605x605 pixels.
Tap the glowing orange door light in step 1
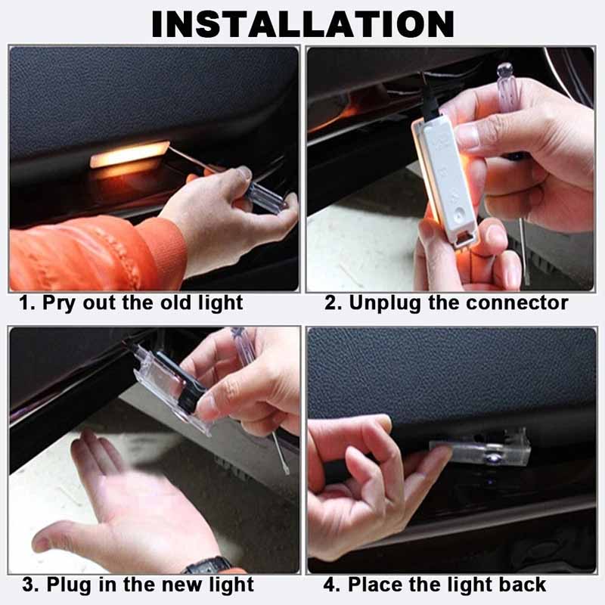[129, 155]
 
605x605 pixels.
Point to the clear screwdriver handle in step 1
[261, 193]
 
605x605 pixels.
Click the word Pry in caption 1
[58, 303]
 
